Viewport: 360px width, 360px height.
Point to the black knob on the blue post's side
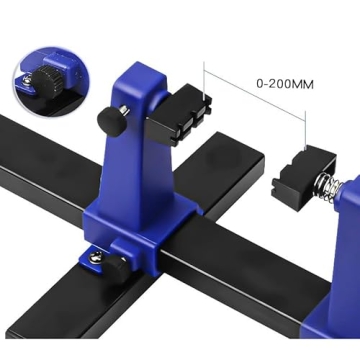[106, 119]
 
